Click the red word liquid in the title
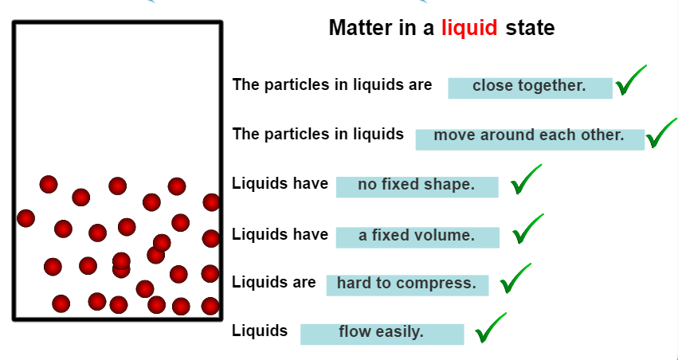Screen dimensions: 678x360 click(x=469, y=29)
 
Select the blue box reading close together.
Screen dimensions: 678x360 click(x=530, y=87)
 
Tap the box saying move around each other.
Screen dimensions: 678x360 click(x=529, y=136)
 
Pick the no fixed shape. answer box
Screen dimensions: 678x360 click(x=417, y=186)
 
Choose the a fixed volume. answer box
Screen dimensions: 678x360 click(x=417, y=236)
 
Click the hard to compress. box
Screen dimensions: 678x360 click(x=406, y=284)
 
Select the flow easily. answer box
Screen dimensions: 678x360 click(x=382, y=333)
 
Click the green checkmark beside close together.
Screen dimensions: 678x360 click(x=630, y=81)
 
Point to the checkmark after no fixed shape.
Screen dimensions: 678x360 click(x=526, y=180)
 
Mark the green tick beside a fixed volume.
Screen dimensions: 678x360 click(x=527, y=230)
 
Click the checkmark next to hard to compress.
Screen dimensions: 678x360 click(x=515, y=279)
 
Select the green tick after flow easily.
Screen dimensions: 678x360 click(x=490, y=329)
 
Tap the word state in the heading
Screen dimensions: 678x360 click(x=530, y=29)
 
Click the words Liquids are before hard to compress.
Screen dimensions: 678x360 click(x=273, y=283)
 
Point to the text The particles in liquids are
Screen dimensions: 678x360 click(x=332, y=84)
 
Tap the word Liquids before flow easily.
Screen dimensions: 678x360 click(x=260, y=331)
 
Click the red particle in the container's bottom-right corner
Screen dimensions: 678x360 click(x=210, y=306)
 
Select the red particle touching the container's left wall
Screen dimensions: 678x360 click(x=25, y=217)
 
